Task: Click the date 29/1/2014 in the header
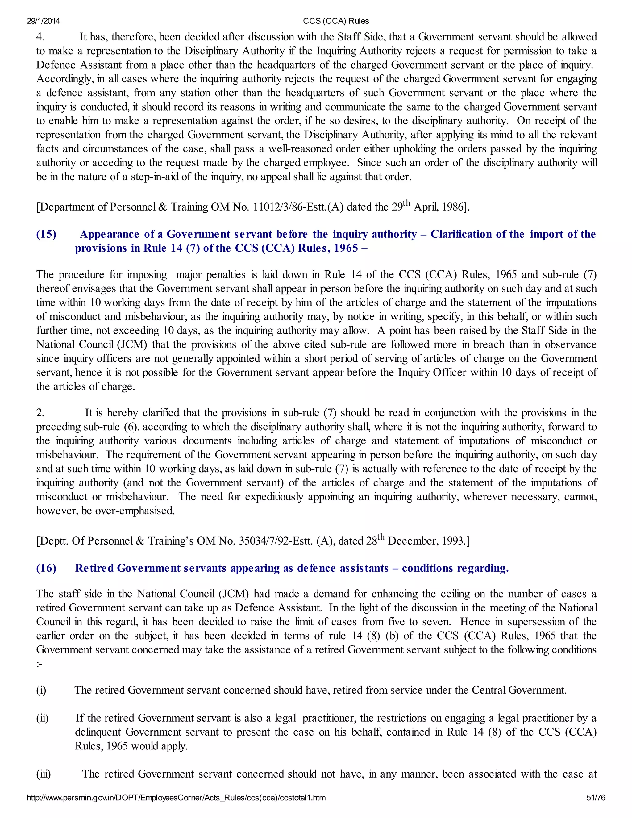pyautogui.click(x=44, y=21)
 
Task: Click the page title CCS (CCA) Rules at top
pyautogui.click(x=336, y=21)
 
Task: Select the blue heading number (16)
pyautogui.click(x=46, y=568)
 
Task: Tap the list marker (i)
pyautogui.click(x=41, y=690)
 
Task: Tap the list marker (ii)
pyautogui.click(x=42, y=718)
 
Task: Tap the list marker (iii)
pyautogui.click(x=44, y=774)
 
